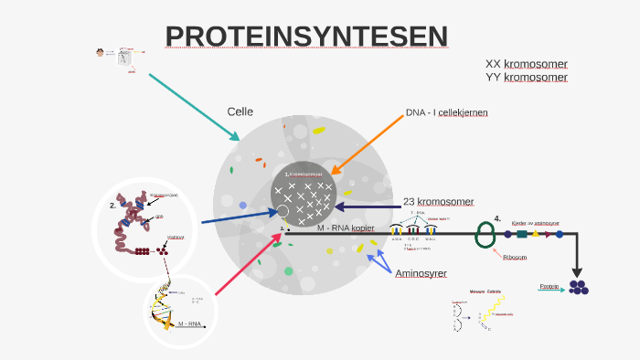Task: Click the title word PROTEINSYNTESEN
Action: [307, 37]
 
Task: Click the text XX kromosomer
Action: [526, 64]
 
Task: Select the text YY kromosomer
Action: [526, 77]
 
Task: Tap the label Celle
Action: [240, 111]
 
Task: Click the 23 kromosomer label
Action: [438, 201]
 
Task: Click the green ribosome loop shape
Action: [485, 235]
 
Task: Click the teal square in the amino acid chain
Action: [521, 234]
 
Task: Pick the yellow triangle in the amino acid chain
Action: [535, 234]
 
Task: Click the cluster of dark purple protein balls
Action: [578, 287]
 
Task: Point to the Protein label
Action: [549, 287]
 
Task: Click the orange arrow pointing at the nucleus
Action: [366, 143]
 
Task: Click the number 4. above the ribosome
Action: [497, 218]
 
